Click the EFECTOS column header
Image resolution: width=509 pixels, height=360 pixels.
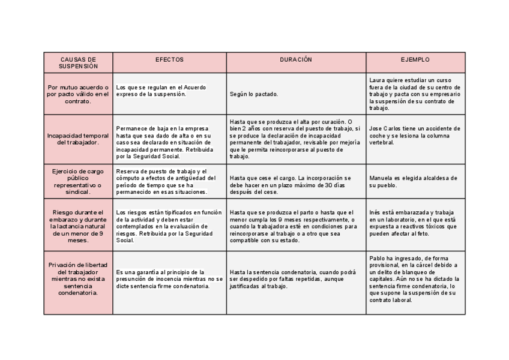[x=169, y=60]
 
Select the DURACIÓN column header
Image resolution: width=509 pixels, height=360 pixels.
[x=296, y=60]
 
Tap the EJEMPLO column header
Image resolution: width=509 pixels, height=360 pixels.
[x=415, y=60]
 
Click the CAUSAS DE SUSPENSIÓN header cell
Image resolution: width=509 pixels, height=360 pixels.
[x=78, y=63]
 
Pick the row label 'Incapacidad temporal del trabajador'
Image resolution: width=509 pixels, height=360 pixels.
[x=78, y=139]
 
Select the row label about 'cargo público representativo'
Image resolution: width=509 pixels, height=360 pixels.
[x=78, y=182]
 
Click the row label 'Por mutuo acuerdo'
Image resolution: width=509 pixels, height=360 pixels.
[x=78, y=94]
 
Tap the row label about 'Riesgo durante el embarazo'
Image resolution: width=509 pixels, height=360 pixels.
[x=78, y=226]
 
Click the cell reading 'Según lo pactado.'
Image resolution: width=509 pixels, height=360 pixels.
[x=254, y=95]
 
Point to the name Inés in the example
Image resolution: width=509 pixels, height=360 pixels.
[x=376, y=212]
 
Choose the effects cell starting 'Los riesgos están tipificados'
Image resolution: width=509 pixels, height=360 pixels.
[x=169, y=226]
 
